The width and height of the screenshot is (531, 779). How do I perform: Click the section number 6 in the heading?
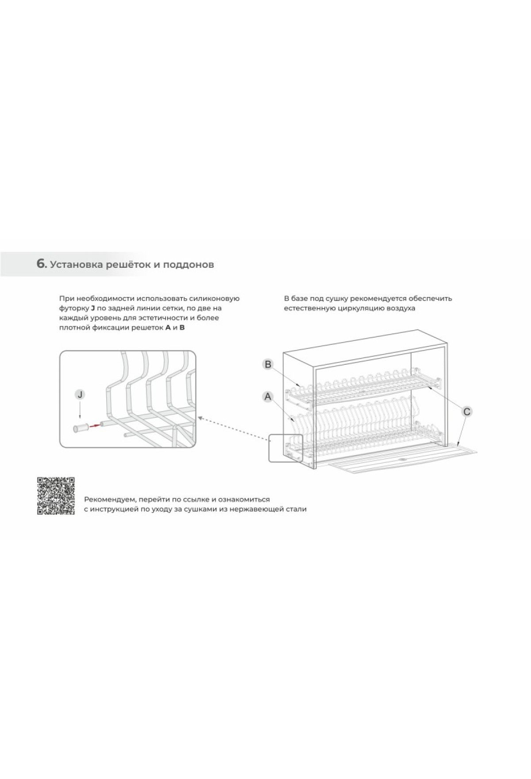pyautogui.click(x=41, y=264)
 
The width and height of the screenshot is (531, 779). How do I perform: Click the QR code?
pyautogui.click(x=56, y=496)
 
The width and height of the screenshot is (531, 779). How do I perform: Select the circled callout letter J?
pyautogui.click(x=80, y=394)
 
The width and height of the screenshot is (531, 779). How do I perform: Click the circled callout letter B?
pyautogui.click(x=268, y=365)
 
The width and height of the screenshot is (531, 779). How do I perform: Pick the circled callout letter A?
pyautogui.click(x=268, y=397)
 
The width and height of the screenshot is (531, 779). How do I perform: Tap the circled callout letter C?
pyautogui.click(x=467, y=412)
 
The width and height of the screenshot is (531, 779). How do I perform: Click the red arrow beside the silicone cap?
pyautogui.click(x=94, y=426)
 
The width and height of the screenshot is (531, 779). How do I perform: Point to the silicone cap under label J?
pyautogui.click(x=80, y=428)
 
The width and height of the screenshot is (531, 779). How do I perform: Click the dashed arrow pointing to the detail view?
pyautogui.click(x=233, y=429)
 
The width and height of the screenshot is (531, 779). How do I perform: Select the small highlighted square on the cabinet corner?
pyautogui.click(x=286, y=448)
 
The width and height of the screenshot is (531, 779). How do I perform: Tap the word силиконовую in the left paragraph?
pyautogui.click(x=217, y=299)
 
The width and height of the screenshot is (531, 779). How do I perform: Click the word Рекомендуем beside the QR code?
pyautogui.click(x=110, y=500)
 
